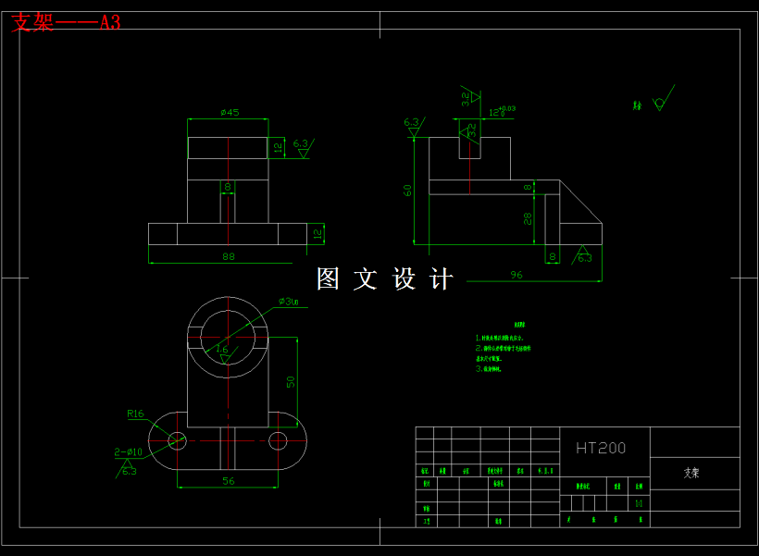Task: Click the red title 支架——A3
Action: tap(66, 22)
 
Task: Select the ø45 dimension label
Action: tap(230, 113)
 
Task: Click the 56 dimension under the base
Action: tap(228, 481)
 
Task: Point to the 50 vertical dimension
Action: tap(290, 381)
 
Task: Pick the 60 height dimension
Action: tap(407, 190)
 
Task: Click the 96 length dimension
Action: tap(516, 274)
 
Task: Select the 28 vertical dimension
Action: tap(528, 217)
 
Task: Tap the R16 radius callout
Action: tap(136, 414)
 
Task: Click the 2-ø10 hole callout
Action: tap(129, 451)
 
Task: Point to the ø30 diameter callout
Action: tap(289, 302)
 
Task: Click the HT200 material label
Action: tap(601, 449)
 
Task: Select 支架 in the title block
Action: tap(691, 472)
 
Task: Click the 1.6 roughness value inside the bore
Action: tap(222, 350)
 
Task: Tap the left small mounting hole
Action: tap(177, 440)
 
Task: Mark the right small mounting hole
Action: tap(278, 440)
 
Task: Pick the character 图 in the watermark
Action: tap(329, 278)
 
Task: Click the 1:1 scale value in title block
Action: tap(639, 503)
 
